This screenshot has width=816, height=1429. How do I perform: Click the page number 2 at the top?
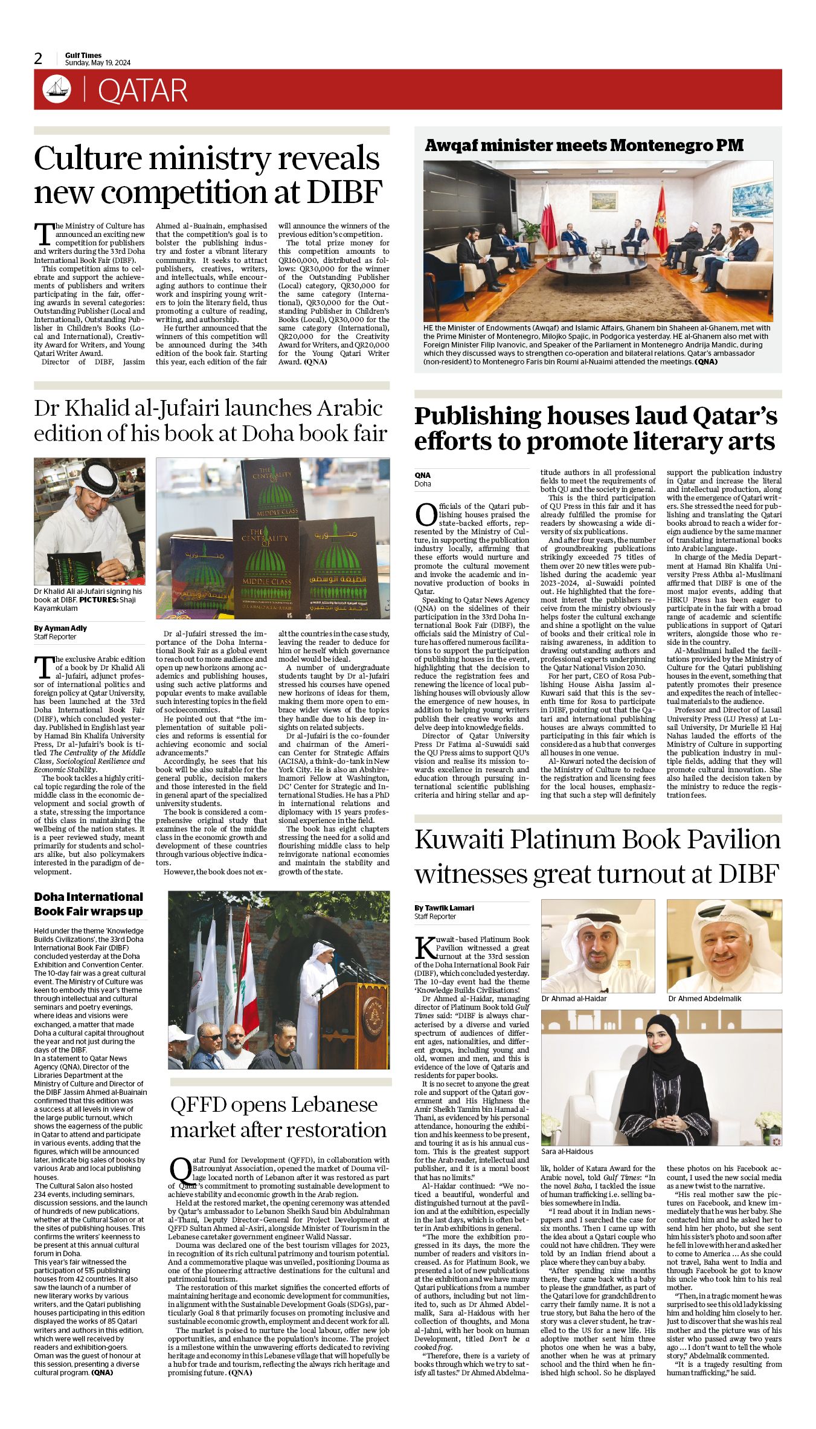pos(39,59)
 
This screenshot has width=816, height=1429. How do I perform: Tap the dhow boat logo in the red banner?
pos(57,89)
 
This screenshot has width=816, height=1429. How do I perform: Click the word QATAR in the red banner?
pos(143,91)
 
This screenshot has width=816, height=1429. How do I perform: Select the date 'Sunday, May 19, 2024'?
pos(98,63)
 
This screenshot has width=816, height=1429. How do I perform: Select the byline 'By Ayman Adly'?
pos(60,628)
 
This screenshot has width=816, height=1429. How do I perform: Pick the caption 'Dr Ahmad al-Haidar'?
pos(574,999)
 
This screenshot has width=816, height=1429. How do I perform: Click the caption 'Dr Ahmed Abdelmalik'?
pos(704,999)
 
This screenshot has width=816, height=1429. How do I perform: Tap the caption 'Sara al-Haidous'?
pos(567,1152)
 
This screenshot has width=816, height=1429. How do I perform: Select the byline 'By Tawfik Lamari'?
pos(444,908)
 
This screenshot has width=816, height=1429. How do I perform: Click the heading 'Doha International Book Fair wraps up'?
pos(88,904)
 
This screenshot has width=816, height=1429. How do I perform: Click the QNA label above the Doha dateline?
pos(422,476)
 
